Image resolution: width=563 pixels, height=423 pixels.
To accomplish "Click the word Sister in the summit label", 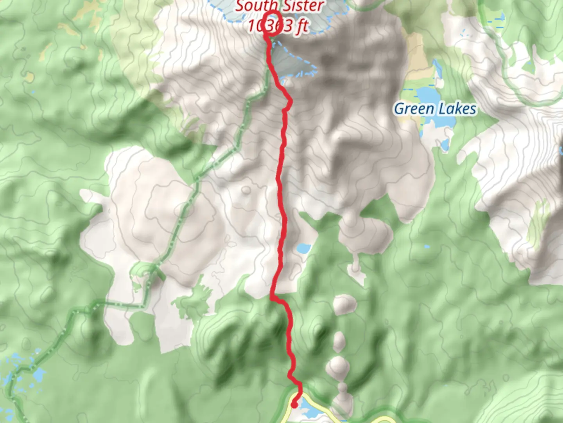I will pos(303,6).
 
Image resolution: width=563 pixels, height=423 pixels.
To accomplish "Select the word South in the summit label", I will pos(253,6).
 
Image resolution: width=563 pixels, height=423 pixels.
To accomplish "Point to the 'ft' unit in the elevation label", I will pos(302,27).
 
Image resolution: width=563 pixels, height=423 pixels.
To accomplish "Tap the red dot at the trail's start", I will pos(294,405).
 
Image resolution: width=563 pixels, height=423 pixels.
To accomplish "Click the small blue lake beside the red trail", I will pos(303,248).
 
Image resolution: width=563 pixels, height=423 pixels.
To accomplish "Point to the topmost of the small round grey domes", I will pos(344,304).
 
